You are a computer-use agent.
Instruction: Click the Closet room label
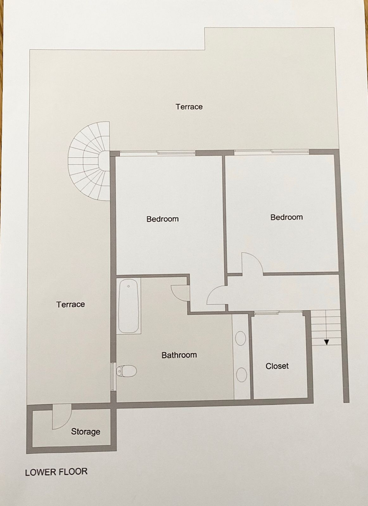tap(277, 366)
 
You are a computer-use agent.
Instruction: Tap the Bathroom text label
tap(179, 355)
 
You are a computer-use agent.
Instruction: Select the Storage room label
tap(86, 431)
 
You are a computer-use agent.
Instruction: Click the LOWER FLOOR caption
tap(56, 472)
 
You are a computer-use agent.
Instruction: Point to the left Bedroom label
tap(162, 219)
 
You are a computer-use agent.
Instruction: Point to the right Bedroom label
tap(286, 217)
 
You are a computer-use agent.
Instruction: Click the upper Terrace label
tap(189, 107)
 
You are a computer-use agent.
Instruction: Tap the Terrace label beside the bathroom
tap(70, 304)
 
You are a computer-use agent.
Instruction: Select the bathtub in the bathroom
tap(129, 306)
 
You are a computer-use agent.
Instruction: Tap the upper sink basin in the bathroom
tap(241, 338)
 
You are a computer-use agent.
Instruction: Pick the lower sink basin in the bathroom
tap(241, 375)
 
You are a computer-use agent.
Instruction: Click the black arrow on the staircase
tap(327, 342)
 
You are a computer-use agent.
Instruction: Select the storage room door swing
tap(61, 417)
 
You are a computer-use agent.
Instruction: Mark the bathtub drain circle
tap(129, 286)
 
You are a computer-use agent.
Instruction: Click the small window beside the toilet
tap(113, 376)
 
